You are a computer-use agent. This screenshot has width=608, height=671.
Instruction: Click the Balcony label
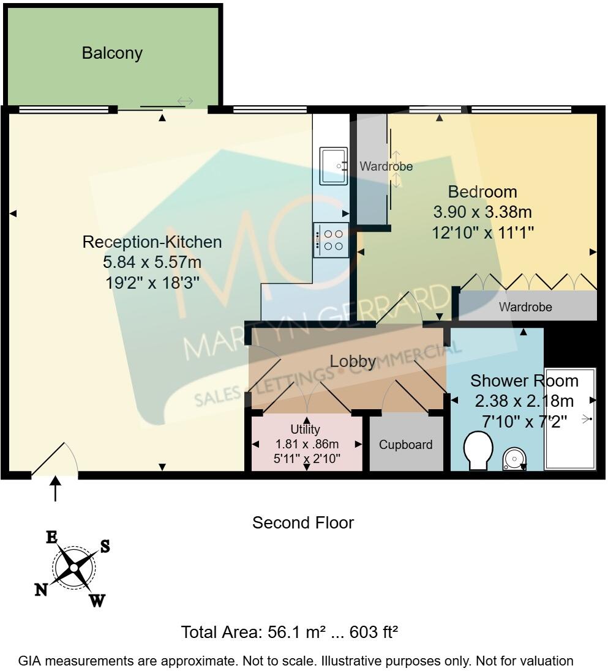[x=112, y=53]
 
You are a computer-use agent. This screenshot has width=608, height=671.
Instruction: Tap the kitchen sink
[x=334, y=166]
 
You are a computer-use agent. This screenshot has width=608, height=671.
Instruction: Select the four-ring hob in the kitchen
[x=331, y=240]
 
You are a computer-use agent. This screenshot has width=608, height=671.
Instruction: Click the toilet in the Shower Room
[x=478, y=450]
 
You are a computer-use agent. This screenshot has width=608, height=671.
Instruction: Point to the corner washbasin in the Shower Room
[x=514, y=459]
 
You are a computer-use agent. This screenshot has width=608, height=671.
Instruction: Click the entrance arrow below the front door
[x=55, y=488]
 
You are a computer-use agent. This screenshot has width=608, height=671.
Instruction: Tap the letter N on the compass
[x=41, y=590]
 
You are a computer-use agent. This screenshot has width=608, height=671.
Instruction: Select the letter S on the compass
[x=105, y=546]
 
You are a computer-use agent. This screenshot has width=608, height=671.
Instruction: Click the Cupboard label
[x=406, y=445]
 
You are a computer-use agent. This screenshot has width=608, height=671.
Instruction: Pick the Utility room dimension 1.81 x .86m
[x=307, y=444]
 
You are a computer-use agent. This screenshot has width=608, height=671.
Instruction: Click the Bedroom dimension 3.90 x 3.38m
[x=482, y=212]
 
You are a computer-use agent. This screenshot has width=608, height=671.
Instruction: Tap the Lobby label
[x=353, y=361]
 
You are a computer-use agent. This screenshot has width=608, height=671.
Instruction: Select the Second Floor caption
[x=303, y=522]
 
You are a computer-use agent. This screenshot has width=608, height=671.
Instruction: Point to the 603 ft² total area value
[x=374, y=632]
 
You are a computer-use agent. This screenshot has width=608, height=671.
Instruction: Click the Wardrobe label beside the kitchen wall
[x=386, y=166]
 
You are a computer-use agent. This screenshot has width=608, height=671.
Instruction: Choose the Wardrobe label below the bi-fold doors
[x=525, y=307]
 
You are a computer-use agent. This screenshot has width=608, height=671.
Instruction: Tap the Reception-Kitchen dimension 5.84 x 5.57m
[x=152, y=262]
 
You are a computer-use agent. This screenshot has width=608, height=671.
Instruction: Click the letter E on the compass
[x=51, y=538]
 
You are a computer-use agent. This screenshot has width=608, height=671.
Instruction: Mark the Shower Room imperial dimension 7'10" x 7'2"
[x=525, y=422]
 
